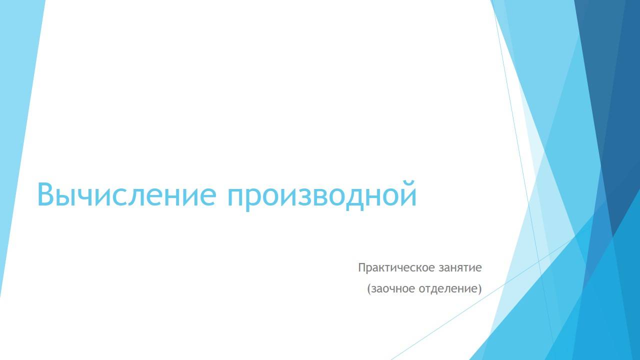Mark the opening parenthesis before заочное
pos(369,289)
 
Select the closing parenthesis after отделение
pos(479,289)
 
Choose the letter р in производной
pos(257,198)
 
